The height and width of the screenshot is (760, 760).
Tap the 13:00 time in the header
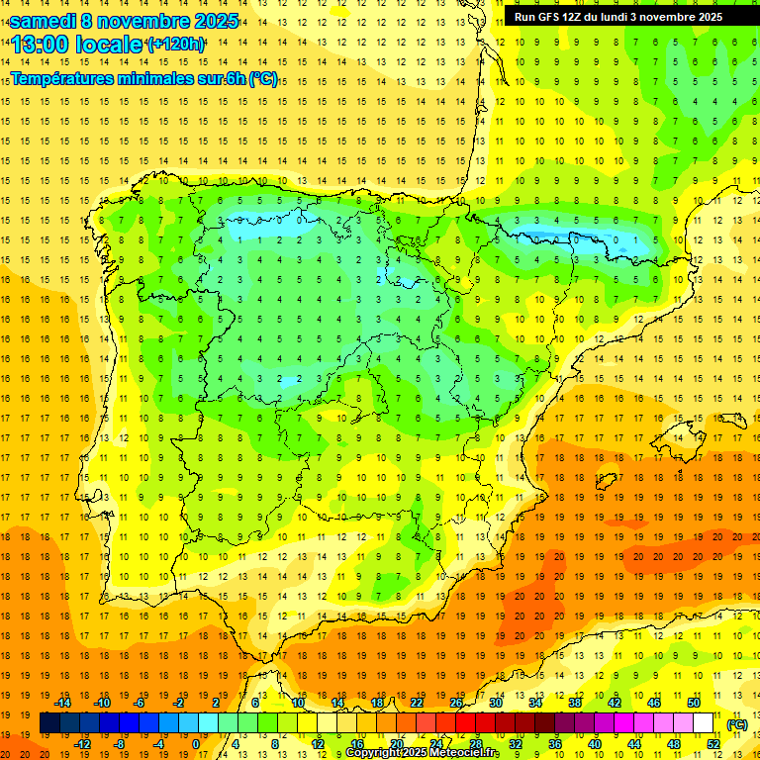(42, 45)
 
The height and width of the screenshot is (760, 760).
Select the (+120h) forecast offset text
(176, 45)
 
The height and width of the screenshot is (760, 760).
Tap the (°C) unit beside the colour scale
(737, 724)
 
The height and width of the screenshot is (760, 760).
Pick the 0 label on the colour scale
(196, 744)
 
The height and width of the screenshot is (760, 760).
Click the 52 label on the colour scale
(713, 744)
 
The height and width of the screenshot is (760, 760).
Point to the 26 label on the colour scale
(456, 703)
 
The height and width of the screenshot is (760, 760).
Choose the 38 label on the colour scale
(574, 703)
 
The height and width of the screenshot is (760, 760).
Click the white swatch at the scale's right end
(703, 723)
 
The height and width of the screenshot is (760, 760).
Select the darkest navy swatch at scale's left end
(49, 723)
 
